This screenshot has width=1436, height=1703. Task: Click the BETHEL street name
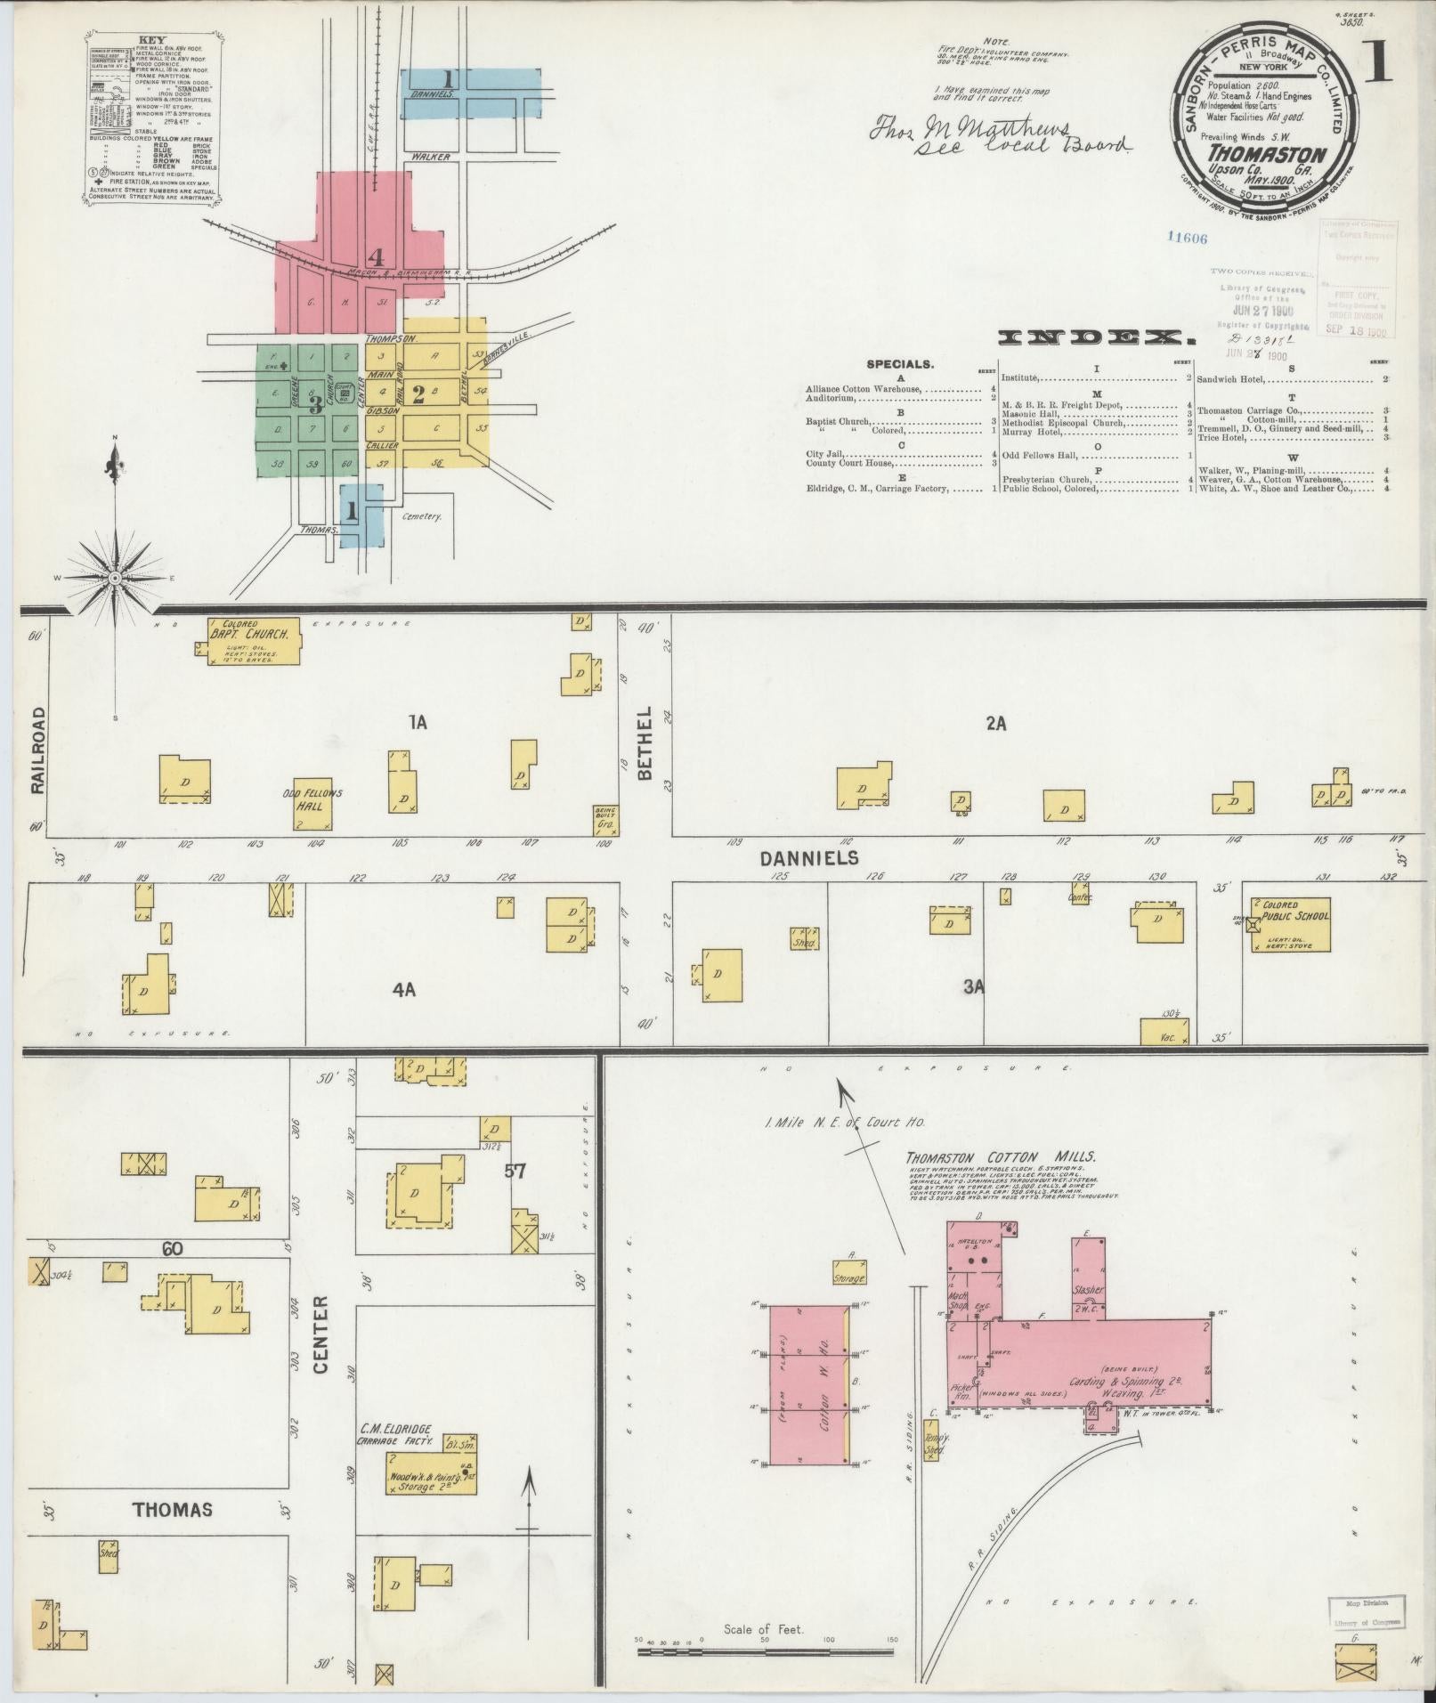645,743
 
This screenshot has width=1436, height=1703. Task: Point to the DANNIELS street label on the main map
809,858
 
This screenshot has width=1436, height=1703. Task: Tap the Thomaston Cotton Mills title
1001,1158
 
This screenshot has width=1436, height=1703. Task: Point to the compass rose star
115,579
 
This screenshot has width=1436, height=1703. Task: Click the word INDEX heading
1096,337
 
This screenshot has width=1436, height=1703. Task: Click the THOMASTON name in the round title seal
1266,152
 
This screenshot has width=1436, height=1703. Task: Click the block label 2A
995,724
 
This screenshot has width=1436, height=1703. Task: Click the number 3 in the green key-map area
314,405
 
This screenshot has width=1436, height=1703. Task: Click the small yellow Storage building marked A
849,1272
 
